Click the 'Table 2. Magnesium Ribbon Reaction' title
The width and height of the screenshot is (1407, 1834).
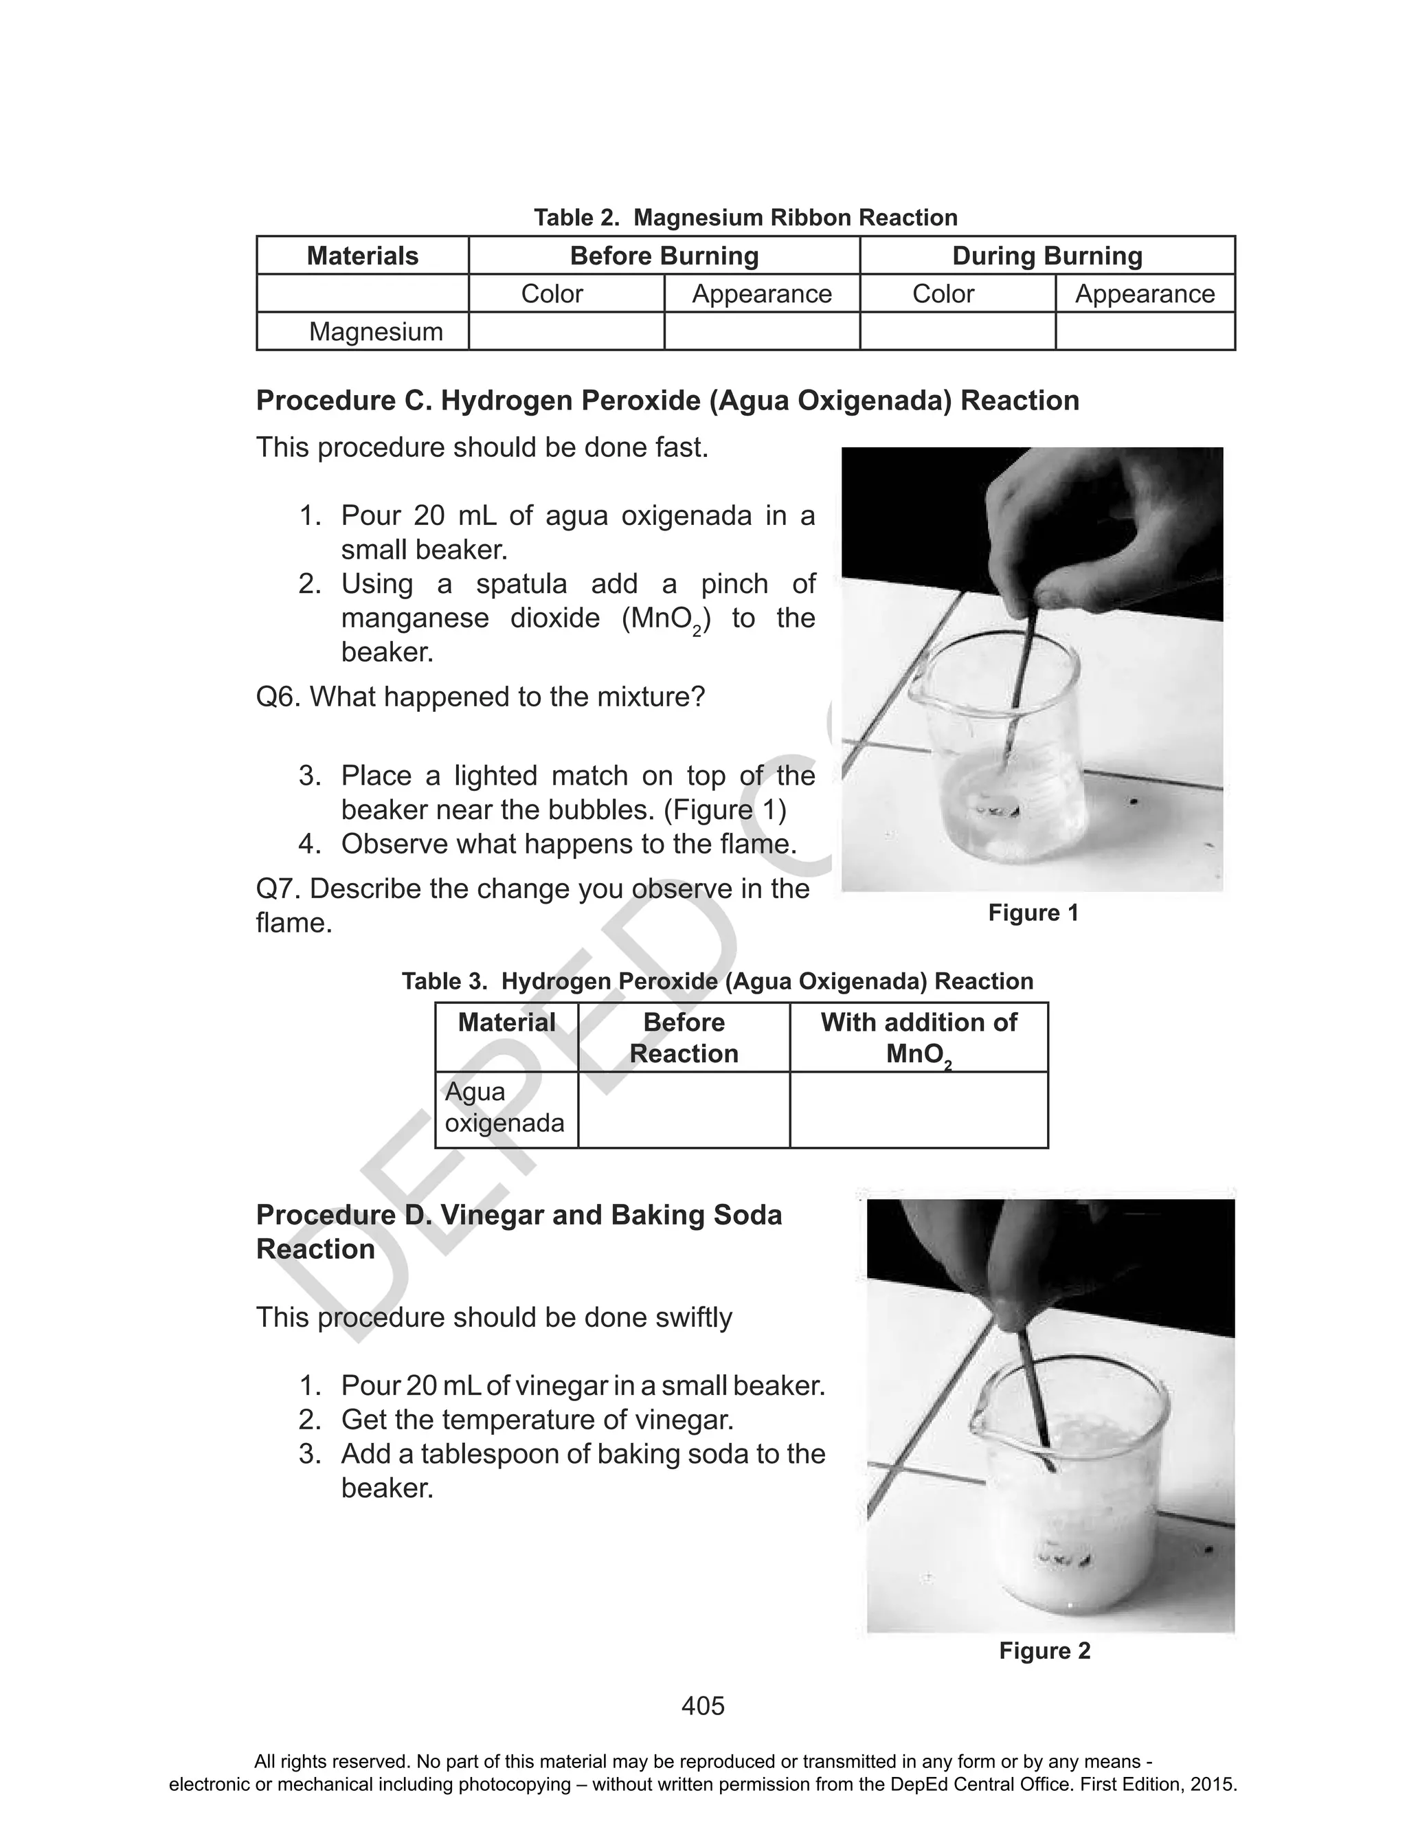[745, 218]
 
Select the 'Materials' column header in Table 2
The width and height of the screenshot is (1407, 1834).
[362, 256]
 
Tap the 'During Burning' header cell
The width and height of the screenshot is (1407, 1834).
[1047, 256]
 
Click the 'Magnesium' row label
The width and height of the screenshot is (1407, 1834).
[375, 332]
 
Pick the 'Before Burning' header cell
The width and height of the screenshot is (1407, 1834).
[664, 256]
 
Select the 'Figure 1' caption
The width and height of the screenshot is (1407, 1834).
[1033, 913]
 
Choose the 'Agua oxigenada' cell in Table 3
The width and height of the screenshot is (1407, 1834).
[504, 1107]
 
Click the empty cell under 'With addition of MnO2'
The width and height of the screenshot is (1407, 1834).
[918, 1110]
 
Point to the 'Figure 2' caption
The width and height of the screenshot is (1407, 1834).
[1044, 1651]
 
